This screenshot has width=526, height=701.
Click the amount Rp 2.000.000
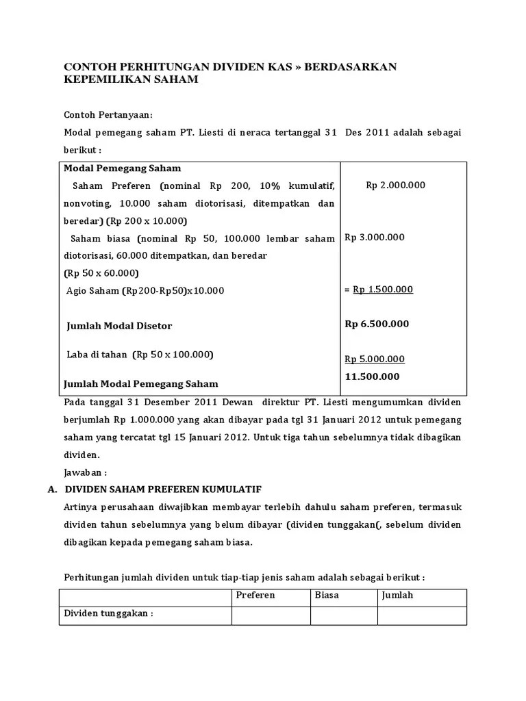click(395, 185)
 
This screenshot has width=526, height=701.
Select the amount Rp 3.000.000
click(375, 238)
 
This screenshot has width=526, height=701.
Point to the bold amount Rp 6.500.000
click(377, 324)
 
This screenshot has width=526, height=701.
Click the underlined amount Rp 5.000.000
click(375, 359)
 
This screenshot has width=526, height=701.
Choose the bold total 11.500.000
click(372, 377)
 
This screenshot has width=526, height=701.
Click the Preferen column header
click(255, 595)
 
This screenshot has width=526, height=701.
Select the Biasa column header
click(327, 595)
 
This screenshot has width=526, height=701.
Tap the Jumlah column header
click(398, 595)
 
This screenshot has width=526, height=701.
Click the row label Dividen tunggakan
click(108, 613)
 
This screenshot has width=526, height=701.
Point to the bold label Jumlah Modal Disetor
click(119, 326)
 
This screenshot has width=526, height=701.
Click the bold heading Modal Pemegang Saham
click(122, 168)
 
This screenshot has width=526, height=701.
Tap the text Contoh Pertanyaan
click(108, 114)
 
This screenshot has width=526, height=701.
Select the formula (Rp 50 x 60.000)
click(101, 272)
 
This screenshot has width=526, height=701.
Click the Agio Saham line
click(145, 290)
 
